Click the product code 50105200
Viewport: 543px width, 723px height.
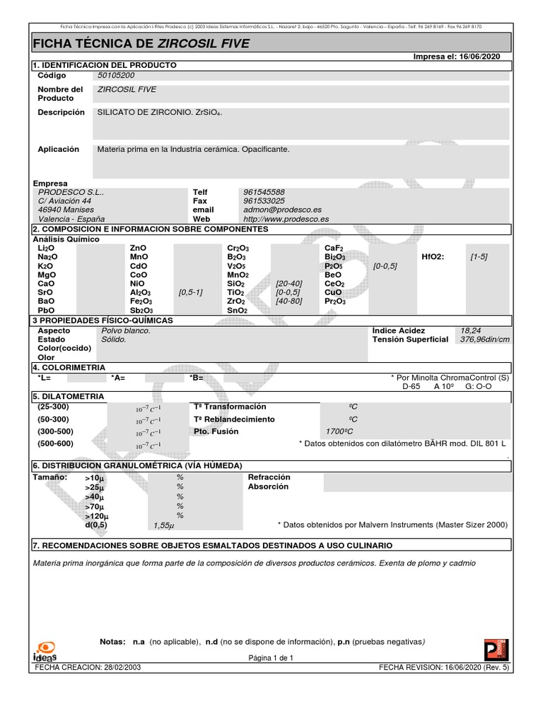click(115, 75)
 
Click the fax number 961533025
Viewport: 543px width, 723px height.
click(263, 201)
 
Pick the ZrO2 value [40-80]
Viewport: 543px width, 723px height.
click(289, 301)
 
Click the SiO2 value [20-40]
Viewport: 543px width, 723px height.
click(289, 283)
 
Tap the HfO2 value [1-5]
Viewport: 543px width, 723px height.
click(479, 257)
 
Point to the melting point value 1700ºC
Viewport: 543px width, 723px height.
click(339, 431)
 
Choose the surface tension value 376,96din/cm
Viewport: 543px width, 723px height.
click(484, 339)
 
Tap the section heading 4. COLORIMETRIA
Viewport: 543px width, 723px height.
click(69, 367)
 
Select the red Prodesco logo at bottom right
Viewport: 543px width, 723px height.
click(496, 650)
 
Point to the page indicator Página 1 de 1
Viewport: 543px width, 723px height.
click(270, 657)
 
